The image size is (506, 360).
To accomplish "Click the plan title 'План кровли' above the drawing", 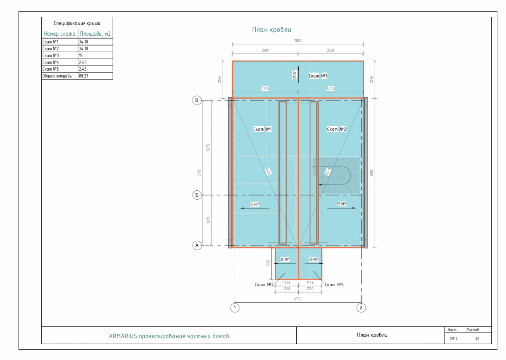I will [x=271, y=30].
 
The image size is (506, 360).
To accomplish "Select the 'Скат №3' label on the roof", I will [x=318, y=76].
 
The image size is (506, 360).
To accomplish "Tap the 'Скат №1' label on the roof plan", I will [x=262, y=129].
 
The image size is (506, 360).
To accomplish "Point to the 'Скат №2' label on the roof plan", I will [x=337, y=129].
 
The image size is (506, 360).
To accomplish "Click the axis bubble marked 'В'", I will [x=197, y=101].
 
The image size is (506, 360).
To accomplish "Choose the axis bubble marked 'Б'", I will [x=197, y=195].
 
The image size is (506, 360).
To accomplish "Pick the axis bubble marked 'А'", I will [x=197, y=245].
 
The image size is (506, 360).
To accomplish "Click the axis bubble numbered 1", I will [x=235, y=307].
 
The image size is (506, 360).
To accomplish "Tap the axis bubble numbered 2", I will [x=361, y=307].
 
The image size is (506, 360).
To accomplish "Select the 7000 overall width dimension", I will [x=298, y=40].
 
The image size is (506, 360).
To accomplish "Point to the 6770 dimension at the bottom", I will [x=298, y=299].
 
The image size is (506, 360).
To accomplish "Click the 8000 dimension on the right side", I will [x=372, y=172].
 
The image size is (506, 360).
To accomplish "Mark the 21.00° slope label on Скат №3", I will [x=295, y=74].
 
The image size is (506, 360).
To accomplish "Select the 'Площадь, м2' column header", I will [x=95, y=34].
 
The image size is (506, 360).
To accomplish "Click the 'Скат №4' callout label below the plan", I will [x=264, y=284].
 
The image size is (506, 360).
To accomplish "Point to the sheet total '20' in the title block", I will [x=477, y=338].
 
